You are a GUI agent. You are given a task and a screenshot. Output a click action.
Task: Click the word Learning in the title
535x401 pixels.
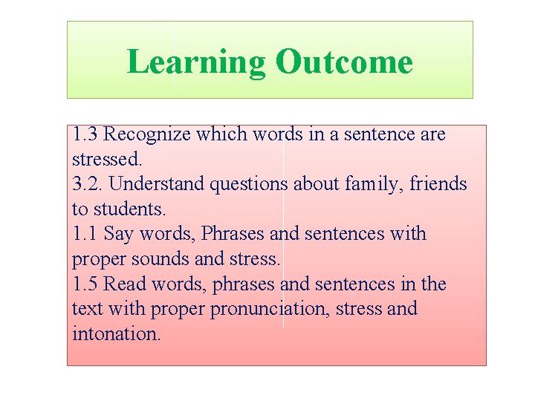[x=196, y=62]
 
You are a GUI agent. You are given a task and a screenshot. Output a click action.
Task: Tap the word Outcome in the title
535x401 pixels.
[x=343, y=62]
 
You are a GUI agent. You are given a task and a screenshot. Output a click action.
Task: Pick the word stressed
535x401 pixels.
[x=107, y=159]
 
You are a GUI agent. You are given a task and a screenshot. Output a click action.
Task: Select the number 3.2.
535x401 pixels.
[x=88, y=183]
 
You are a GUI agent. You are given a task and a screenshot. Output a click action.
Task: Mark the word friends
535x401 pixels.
[x=440, y=184]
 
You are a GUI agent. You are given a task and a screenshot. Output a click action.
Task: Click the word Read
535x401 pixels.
[x=123, y=284]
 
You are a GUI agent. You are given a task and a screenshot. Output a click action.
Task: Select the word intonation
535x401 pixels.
[x=116, y=333]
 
